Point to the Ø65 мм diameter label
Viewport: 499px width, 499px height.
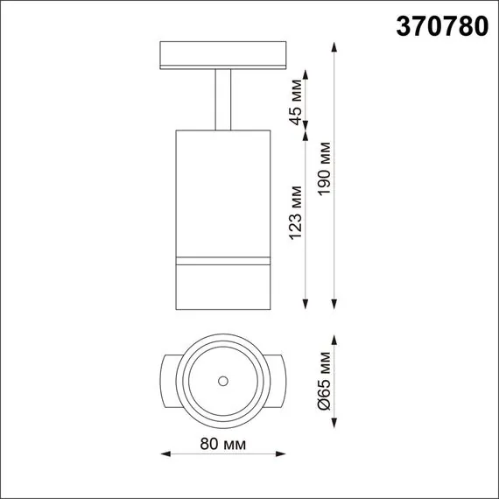(x=325, y=381)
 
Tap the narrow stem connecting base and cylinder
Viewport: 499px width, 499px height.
(x=223, y=101)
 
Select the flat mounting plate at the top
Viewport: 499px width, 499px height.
(x=223, y=54)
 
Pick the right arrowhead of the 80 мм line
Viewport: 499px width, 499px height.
(x=278, y=453)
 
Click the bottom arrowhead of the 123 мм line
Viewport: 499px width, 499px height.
(x=306, y=304)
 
